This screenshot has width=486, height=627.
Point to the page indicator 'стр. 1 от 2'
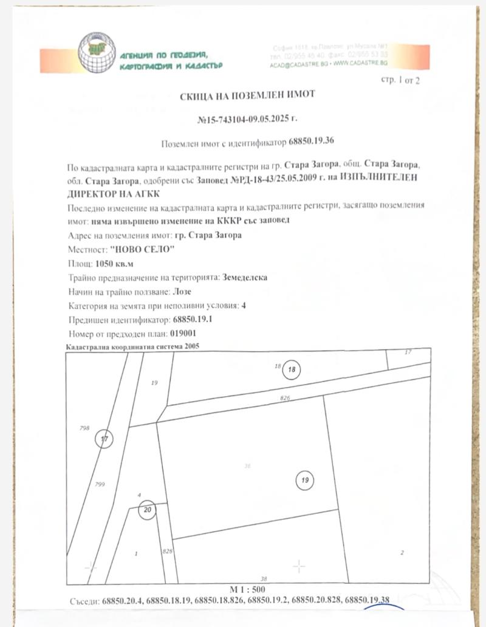400,80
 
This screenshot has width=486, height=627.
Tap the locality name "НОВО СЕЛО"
142,249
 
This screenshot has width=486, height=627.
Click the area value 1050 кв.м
115,263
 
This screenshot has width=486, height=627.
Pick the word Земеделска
244,277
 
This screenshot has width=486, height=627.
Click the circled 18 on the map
292,369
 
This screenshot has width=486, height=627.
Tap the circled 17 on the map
104,439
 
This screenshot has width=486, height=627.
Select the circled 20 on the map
148,510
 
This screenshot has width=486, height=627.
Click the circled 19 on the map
305,481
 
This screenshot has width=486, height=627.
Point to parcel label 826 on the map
286,398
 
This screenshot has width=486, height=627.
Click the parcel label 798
84,428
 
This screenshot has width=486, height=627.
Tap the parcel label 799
101,484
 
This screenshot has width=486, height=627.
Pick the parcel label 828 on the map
168,550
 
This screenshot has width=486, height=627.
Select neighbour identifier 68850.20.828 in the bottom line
316,601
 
